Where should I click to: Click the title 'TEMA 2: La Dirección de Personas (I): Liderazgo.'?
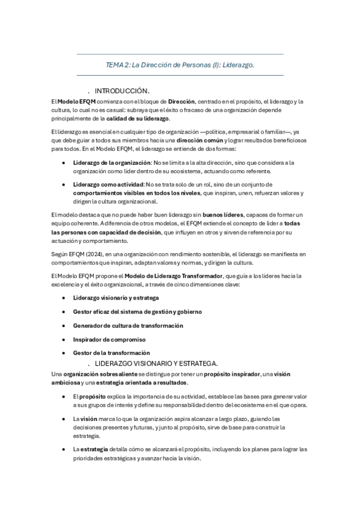coord(180,65)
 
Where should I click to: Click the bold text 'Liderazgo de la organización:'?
coord(112,163)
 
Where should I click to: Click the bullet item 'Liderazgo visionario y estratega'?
coord(115,298)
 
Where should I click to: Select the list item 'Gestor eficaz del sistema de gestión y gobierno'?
coord(137,312)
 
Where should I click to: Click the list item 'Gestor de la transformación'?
coord(111,353)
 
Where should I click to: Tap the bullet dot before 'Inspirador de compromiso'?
coord(64,339)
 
